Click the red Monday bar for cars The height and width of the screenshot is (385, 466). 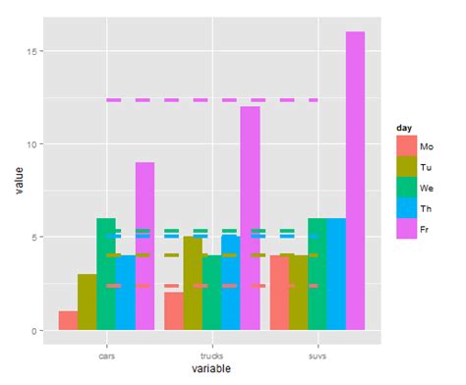[x=68, y=320]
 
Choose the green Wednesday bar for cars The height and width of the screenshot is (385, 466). [x=106, y=274]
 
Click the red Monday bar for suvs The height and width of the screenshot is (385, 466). [x=279, y=293]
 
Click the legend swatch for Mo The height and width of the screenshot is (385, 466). [x=405, y=145]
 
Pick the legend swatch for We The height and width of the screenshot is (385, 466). [x=405, y=187]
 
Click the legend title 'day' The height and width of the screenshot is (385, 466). [x=403, y=128]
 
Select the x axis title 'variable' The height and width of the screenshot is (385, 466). [x=211, y=368]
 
